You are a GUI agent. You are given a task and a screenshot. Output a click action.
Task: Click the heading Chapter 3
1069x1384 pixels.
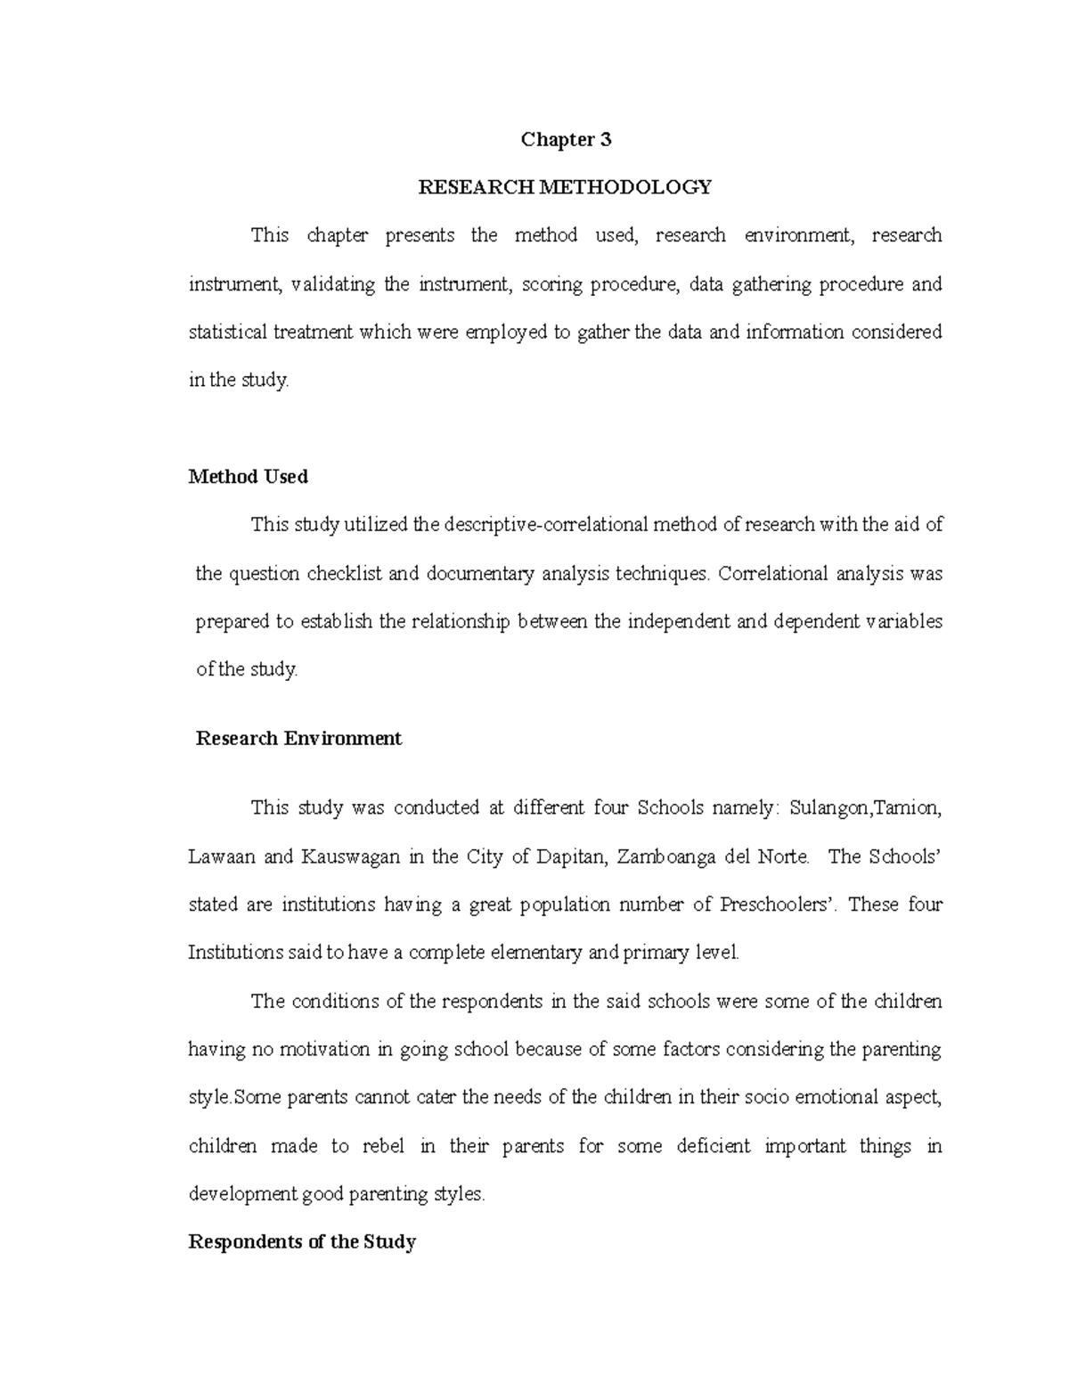(x=566, y=139)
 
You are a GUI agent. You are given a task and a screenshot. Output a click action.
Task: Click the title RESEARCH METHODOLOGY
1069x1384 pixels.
(x=566, y=187)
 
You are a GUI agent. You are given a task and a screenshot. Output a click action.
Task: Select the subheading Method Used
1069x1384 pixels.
(x=249, y=477)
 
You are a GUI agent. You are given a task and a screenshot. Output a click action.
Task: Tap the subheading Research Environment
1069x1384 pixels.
(x=298, y=739)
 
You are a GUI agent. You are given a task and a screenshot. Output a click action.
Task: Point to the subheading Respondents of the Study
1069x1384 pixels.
(x=302, y=1241)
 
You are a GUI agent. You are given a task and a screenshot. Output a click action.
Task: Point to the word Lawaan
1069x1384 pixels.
(x=222, y=857)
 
